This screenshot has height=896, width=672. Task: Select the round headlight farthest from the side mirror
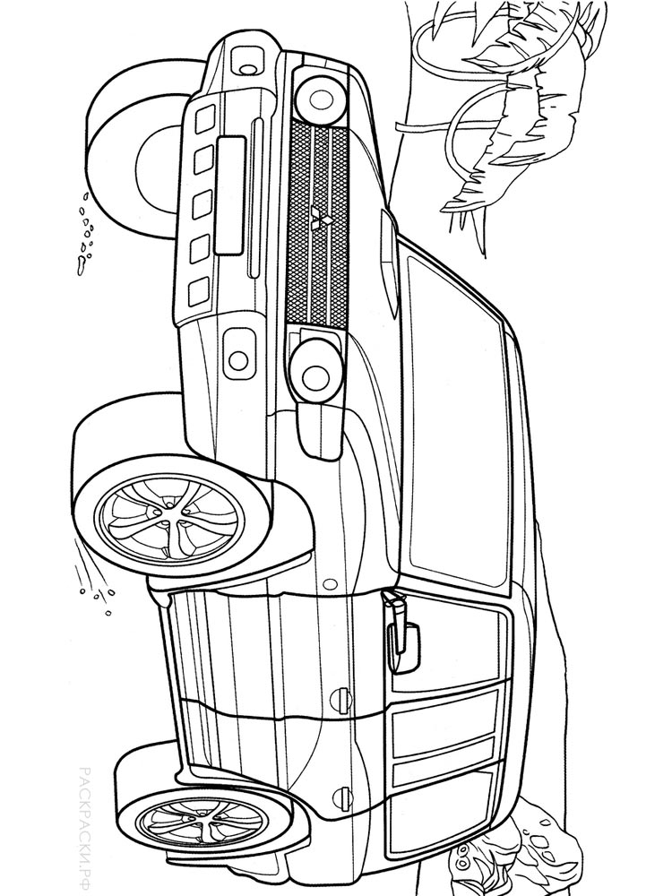pos(321,99)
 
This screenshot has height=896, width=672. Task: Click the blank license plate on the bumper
pos(229,194)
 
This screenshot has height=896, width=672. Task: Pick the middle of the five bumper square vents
pos(202,205)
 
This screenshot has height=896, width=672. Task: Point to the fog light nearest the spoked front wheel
pos(239,360)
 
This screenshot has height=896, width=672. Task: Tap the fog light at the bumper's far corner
pos(247,63)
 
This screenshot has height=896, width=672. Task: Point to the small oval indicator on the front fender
pos(331,584)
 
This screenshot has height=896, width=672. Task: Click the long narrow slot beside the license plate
pos(256,198)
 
